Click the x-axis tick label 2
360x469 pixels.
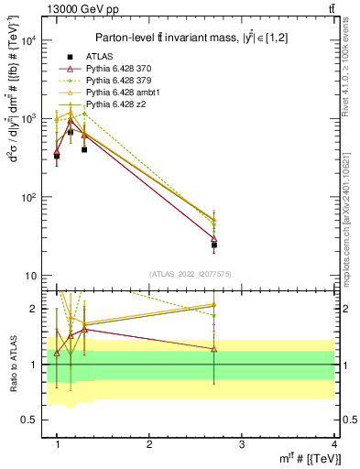pyautogui.click(x=149, y=444)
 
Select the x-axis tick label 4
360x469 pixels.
pyautogui.click(x=334, y=444)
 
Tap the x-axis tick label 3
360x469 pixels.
pyautogui.click(x=242, y=444)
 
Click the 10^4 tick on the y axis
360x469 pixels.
pyautogui.click(x=29, y=40)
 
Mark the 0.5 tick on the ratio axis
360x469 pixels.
pyautogui.click(x=32, y=420)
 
